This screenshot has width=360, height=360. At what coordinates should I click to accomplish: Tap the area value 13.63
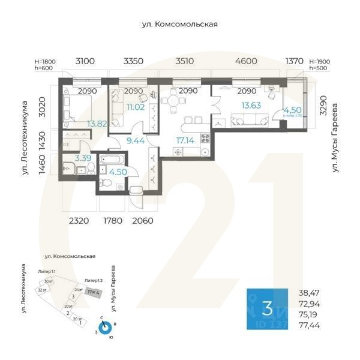251,106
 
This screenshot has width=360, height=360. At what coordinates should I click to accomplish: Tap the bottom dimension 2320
79,221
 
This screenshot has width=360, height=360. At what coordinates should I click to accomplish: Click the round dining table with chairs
173,101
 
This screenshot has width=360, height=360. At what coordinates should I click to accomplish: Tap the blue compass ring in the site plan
106,328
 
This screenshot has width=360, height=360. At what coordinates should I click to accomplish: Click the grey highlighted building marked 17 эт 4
94,292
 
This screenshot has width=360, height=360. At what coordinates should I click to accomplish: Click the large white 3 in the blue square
268,309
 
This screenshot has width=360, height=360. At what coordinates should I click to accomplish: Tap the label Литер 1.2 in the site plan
93,280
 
